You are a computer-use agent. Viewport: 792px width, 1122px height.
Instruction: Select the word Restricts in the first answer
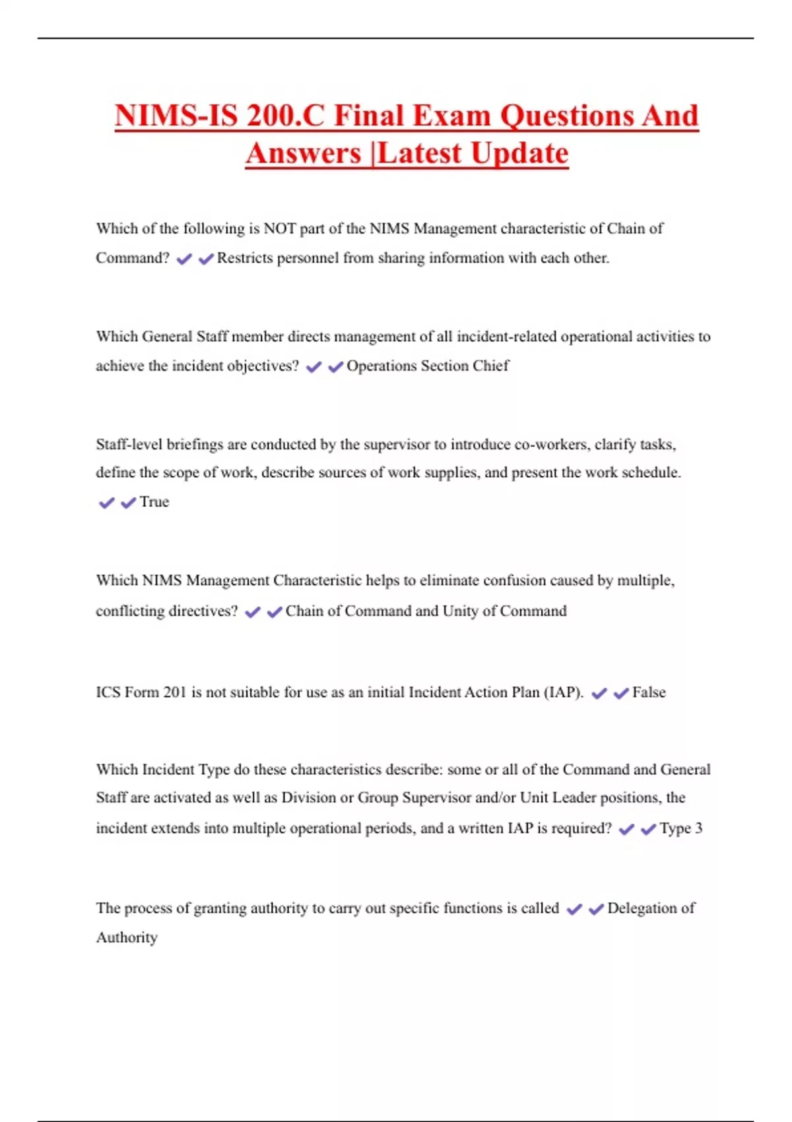245,258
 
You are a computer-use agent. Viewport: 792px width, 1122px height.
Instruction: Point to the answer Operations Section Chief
428,366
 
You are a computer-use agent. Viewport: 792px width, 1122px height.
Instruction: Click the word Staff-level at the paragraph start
129,444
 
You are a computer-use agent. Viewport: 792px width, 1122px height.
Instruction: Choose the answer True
154,502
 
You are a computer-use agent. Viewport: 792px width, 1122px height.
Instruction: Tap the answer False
649,692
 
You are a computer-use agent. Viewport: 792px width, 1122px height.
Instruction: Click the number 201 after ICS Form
175,692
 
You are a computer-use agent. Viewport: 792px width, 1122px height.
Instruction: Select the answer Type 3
681,828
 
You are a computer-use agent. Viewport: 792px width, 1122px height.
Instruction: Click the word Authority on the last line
127,937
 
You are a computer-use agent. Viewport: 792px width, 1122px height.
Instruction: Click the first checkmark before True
106,503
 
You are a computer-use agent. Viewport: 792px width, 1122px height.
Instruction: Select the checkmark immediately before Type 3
648,829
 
